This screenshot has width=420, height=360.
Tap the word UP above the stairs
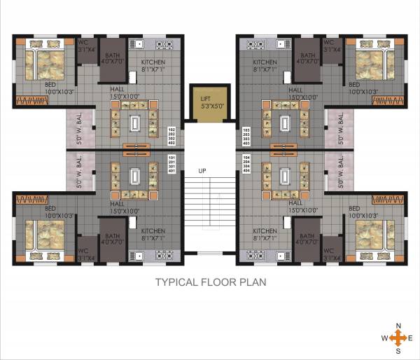pos(202,171)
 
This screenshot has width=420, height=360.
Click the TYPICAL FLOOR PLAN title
pos(210,283)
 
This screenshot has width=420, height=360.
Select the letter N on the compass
pos(398,326)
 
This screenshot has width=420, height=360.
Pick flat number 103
pos(246,130)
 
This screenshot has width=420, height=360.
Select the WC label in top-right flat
pos(329,41)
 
